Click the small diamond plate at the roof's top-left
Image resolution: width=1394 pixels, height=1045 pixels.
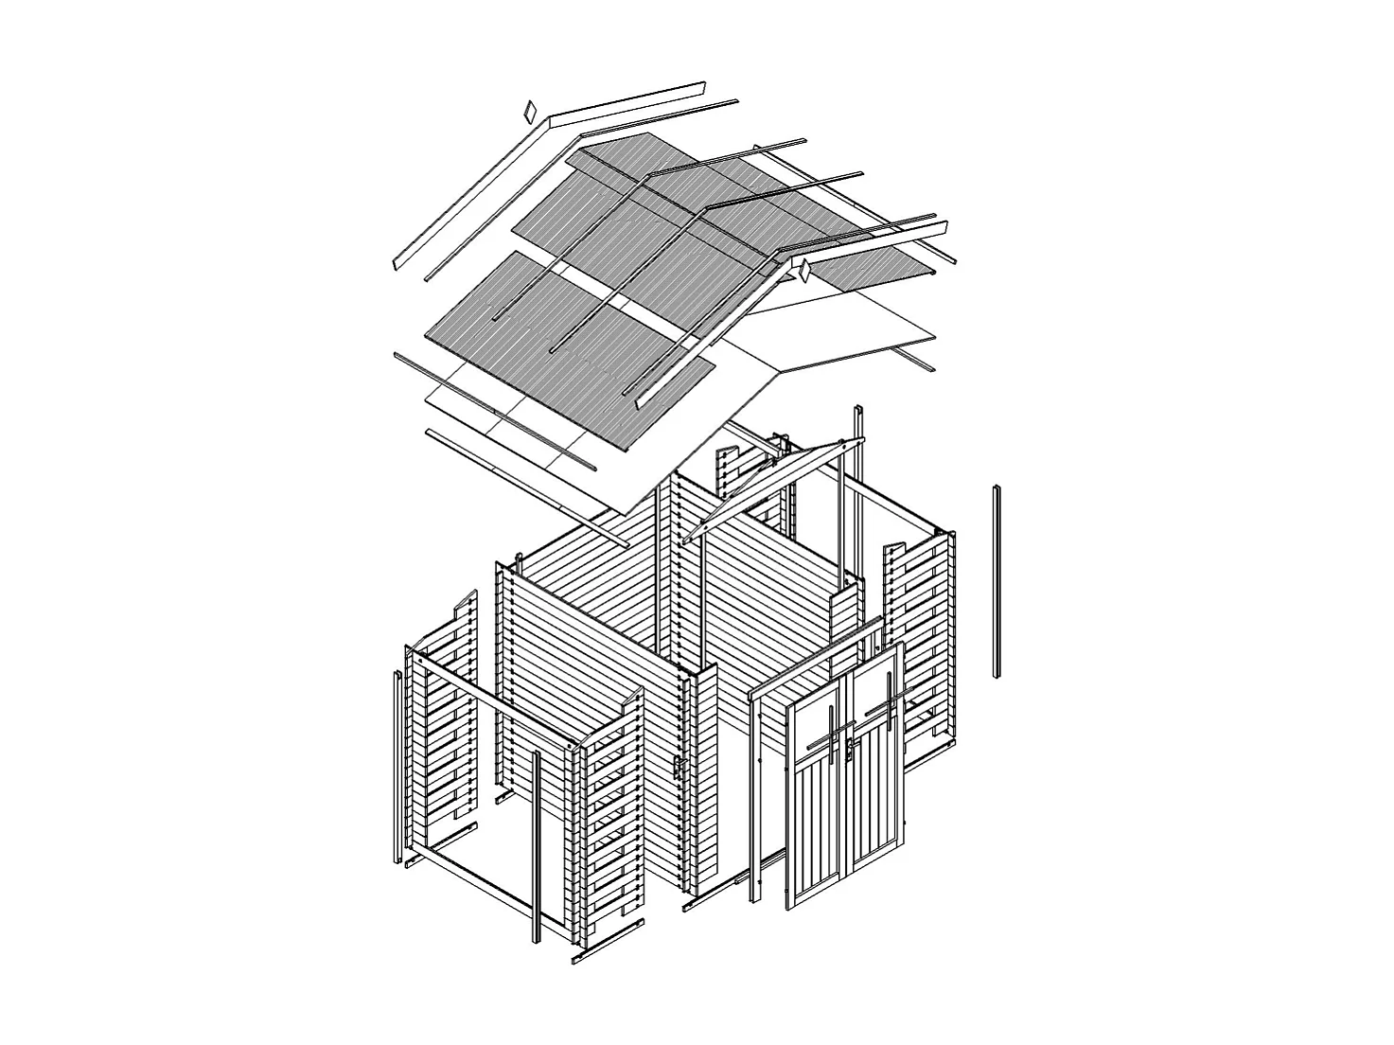(x=529, y=112)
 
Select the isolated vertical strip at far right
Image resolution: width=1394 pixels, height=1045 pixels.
(x=997, y=581)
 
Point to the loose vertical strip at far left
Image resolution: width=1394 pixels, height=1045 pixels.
(x=396, y=767)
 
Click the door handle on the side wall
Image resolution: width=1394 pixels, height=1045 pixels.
(x=678, y=769)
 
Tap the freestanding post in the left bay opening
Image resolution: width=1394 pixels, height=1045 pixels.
(x=535, y=842)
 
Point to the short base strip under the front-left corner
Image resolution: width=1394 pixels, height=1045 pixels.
(x=606, y=943)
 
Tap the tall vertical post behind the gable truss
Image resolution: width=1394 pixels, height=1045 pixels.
(x=859, y=492)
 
